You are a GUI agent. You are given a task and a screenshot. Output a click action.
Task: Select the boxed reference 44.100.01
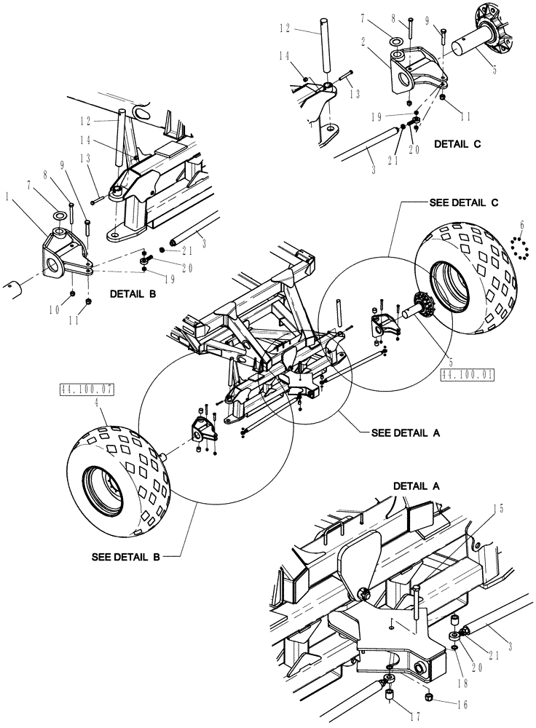tap(466, 375)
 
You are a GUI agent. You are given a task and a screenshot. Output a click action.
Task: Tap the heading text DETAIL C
tap(457, 144)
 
